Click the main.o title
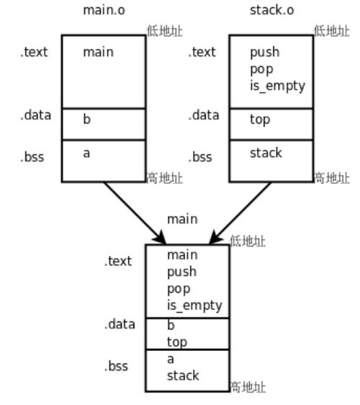(104, 10)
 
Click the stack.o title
(271, 10)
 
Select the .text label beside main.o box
(34, 52)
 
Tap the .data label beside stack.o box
(204, 115)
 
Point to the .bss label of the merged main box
(116, 366)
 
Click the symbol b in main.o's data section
(86, 119)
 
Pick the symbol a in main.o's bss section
(86, 153)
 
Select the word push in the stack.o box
(265, 53)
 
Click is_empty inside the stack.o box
(277, 86)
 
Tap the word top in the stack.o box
(260, 120)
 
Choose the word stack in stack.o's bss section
(266, 153)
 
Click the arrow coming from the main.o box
(135, 213)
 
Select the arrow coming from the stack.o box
(240, 213)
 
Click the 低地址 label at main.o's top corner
(165, 31)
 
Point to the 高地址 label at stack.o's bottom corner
(332, 178)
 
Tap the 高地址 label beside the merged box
(248, 387)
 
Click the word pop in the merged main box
(179, 290)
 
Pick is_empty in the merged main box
(194, 306)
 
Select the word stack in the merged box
(183, 375)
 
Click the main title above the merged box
(182, 219)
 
